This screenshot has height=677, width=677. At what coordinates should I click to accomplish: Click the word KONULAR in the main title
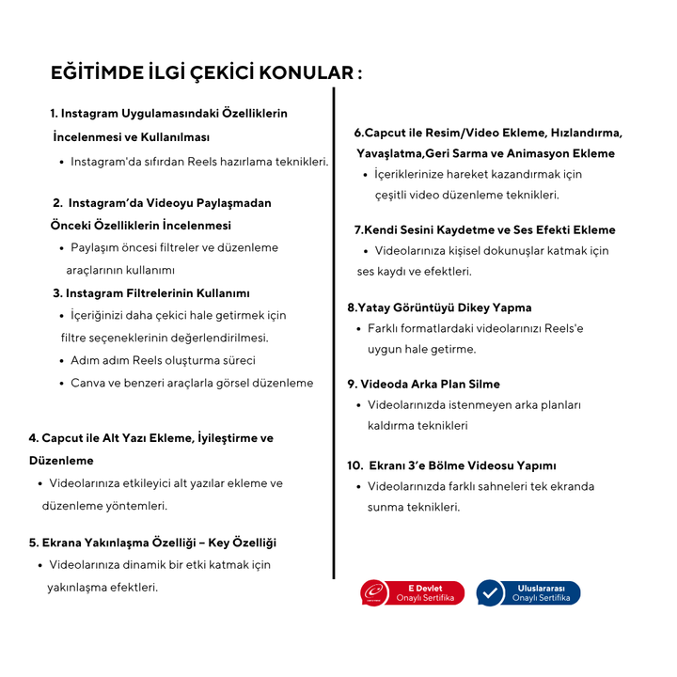click(305, 73)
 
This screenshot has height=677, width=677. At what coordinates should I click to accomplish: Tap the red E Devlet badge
click(412, 592)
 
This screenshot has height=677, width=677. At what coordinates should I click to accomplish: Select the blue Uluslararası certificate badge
click(527, 592)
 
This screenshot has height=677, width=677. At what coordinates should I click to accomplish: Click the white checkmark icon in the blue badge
click(490, 593)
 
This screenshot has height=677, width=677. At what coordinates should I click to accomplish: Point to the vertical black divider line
click(334, 329)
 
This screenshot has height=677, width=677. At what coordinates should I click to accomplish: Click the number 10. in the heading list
click(355, 465)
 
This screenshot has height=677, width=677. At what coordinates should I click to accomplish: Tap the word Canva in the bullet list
click(87, 383)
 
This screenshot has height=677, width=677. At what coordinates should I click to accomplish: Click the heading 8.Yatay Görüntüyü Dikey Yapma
click(439, 307)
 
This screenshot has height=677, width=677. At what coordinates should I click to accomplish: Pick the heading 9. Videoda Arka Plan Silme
click(423, 384)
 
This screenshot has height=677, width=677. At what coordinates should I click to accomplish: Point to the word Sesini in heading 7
click(419, 230)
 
